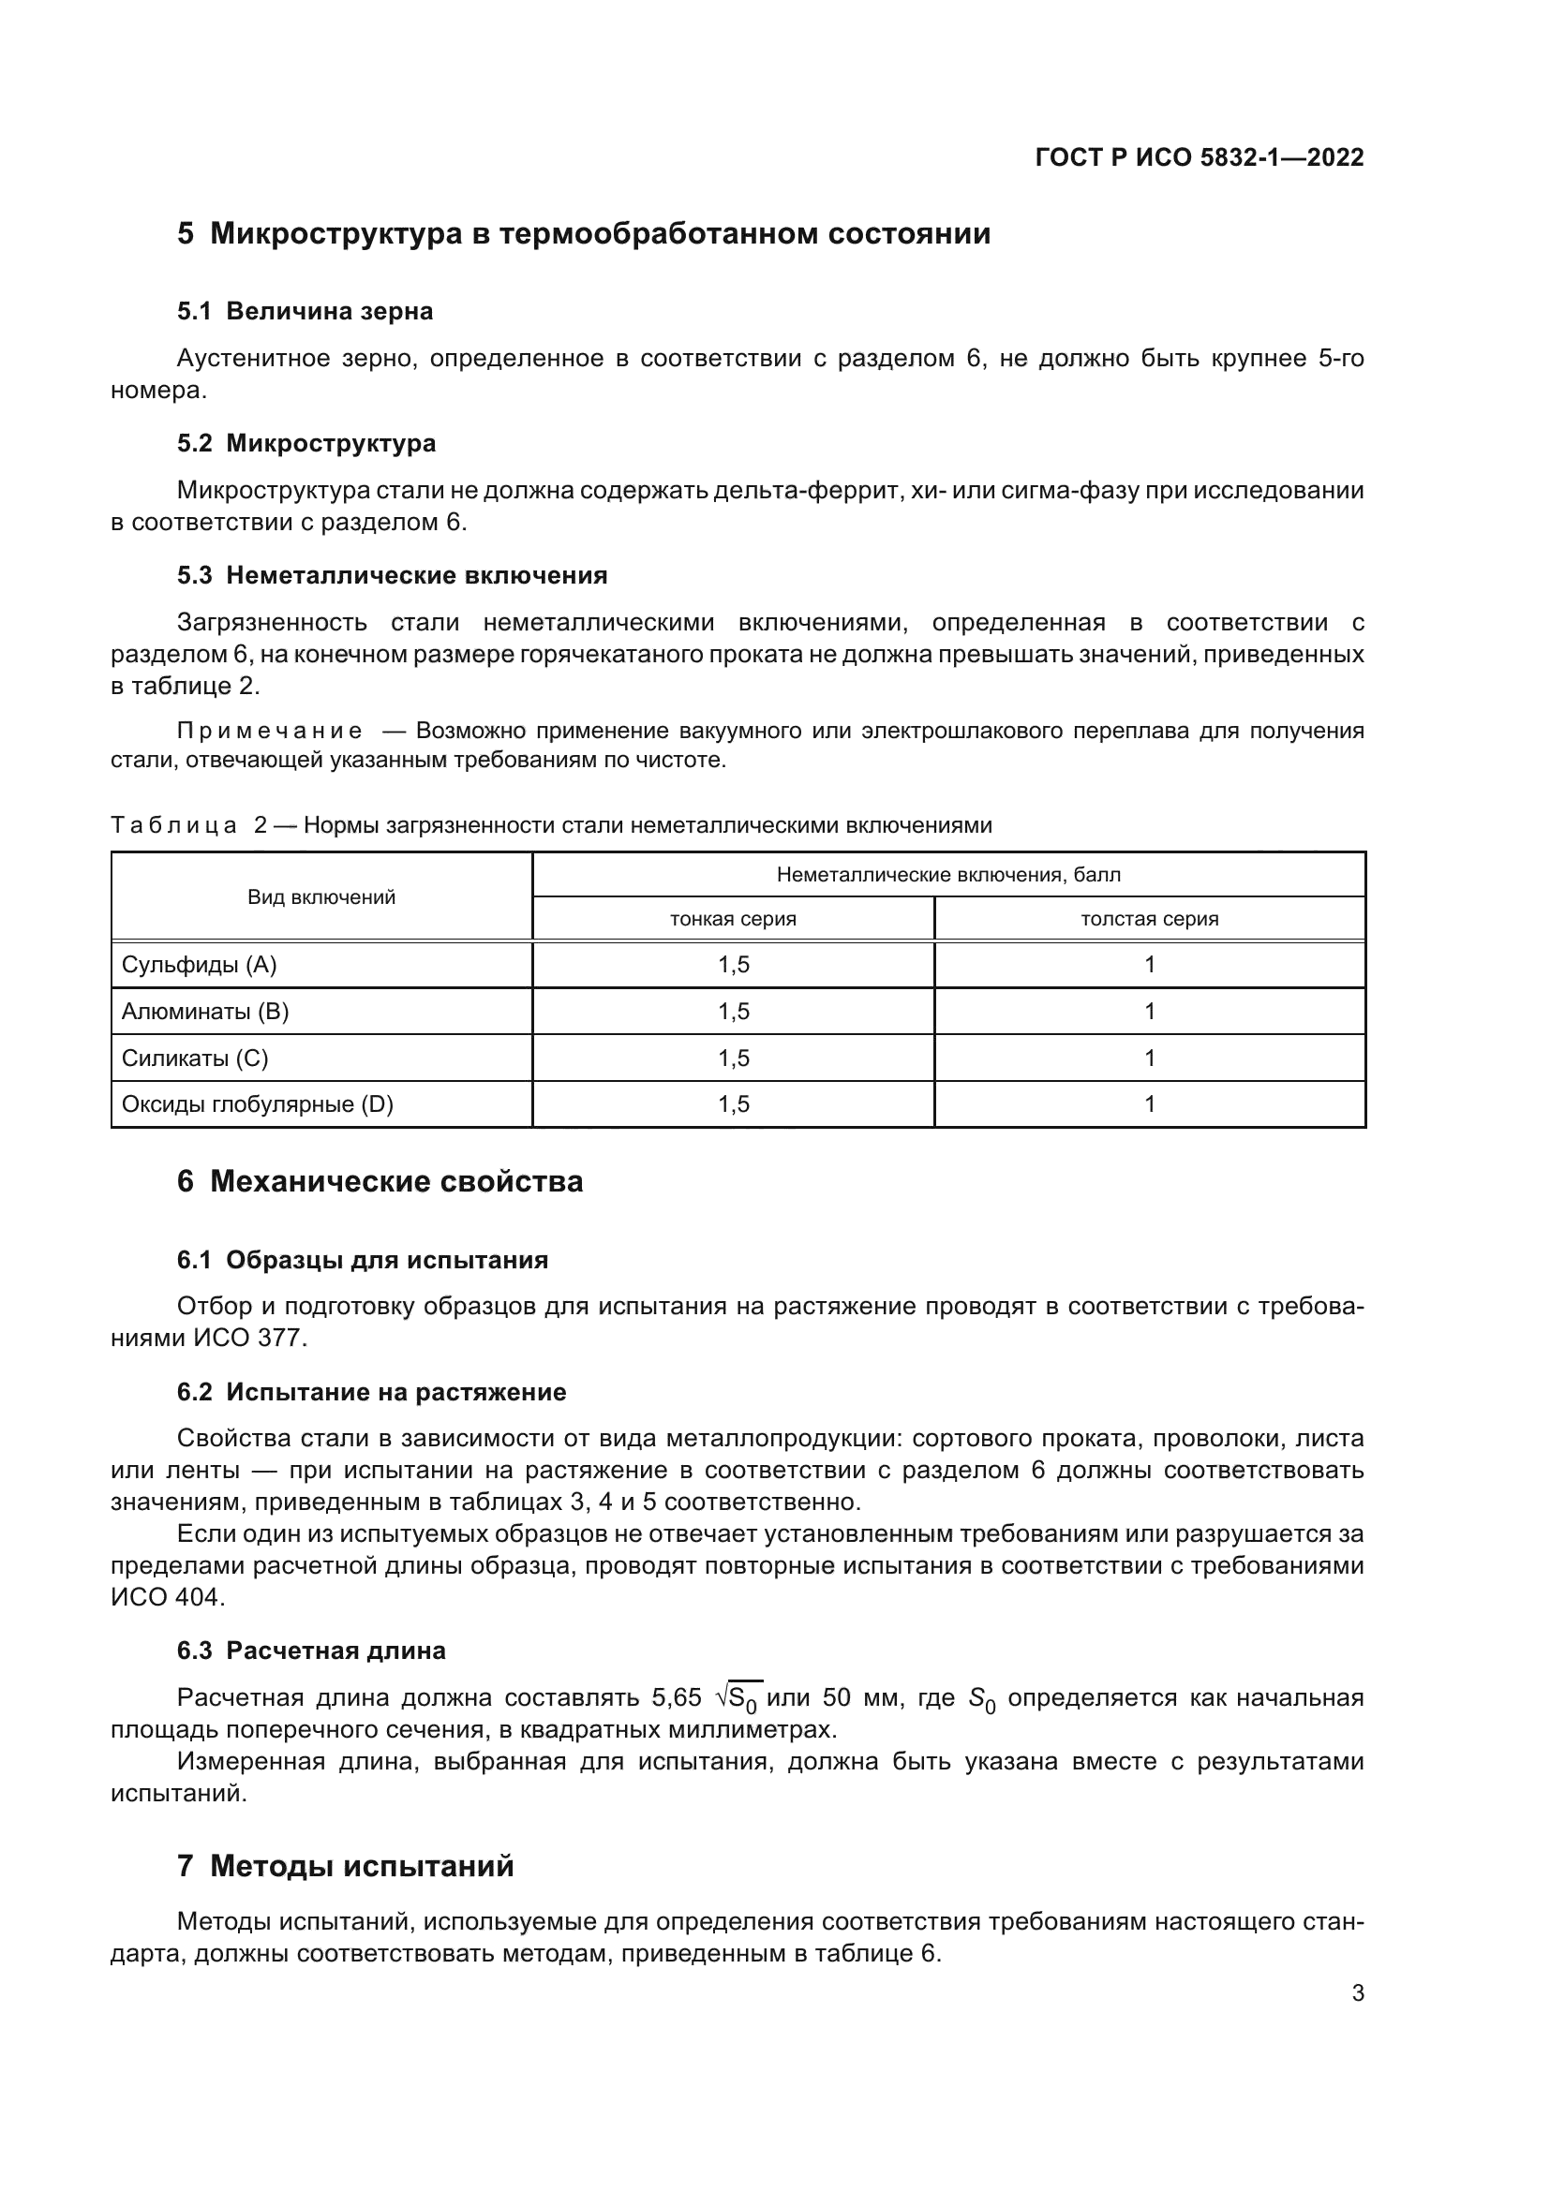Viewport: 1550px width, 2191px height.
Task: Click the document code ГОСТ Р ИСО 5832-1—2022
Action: (x=1199, y=157)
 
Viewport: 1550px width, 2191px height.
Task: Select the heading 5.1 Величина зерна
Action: (x=305, y=311)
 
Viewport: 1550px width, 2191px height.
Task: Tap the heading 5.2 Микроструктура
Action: (x=306, y=443)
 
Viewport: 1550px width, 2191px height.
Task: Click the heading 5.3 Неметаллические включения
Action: (x=392, y=575)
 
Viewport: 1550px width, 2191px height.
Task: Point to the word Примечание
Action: (x=269, y=731)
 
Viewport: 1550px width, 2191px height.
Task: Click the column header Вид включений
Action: (x=320, y=897)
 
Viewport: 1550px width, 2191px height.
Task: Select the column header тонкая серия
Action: (x=732, y=919)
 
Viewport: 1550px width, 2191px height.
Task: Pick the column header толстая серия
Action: (x=1148, y=919)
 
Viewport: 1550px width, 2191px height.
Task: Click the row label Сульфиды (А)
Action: (x=199, y=965)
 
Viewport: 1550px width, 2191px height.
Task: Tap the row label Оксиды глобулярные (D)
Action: (x=257, y=1104)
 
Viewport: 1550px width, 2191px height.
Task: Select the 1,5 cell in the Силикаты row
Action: (x=733, y=1058)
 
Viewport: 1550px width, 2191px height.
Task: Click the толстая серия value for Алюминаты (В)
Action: (x=1149, y=1012)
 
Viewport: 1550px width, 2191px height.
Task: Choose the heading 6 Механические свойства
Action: (x=379, y=1181)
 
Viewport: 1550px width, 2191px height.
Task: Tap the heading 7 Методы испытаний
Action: (x=345, y=1866)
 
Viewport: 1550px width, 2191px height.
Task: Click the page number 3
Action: (x=1357, y=1993)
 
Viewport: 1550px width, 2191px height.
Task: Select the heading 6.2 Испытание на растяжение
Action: (x=371, y=1392)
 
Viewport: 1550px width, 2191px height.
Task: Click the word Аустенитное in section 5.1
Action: (x=249, y=359)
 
